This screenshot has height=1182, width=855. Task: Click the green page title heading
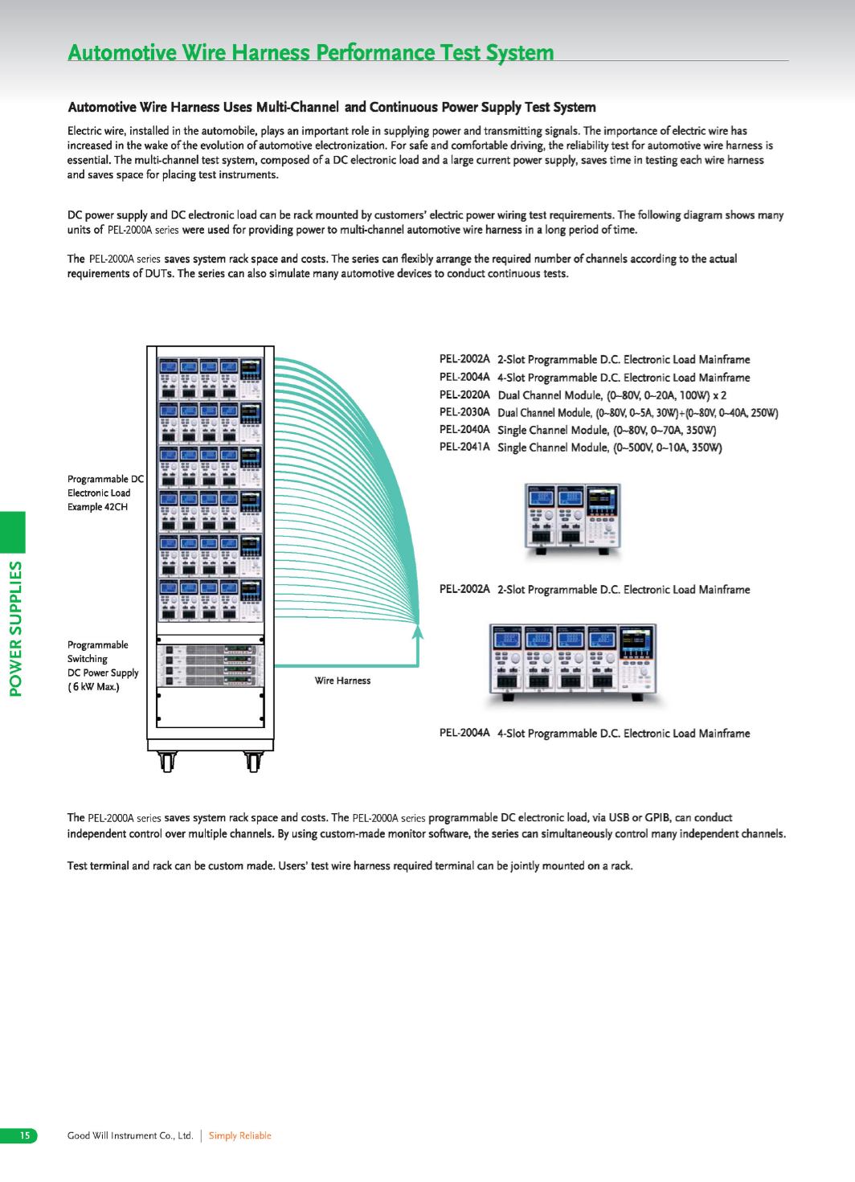[x=311, y=52]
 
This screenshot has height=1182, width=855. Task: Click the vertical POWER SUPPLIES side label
[x=16, y=628]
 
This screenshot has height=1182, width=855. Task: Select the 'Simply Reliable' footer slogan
[x=240, y=1135]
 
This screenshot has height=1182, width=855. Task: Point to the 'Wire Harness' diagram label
[x=342, y=681]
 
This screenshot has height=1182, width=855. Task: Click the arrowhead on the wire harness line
[x=418, y=631]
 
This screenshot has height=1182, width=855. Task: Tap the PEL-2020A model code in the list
[x=464, y=395]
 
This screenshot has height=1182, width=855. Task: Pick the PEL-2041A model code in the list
[x=464, y=447]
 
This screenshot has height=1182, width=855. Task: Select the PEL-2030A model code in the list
[x=464, y=412]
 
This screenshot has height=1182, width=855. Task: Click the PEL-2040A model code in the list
[x=464, y=430]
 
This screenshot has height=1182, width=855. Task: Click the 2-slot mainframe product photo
[x=573, y=519]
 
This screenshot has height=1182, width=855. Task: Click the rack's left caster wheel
[x=167, y=762]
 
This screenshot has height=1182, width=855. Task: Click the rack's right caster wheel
[x=253, y=762]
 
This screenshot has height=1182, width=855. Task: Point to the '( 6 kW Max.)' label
[x=93, y=687]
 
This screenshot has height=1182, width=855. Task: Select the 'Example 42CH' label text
[x=98, y=507]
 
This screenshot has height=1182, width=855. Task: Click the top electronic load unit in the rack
[x=211, y=378]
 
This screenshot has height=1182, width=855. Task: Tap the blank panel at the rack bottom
[x=211, y=707]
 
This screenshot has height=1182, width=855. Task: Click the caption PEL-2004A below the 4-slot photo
[x=464, y=733]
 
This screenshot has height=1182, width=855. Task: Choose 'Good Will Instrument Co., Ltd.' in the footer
[x=130, y=1135]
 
